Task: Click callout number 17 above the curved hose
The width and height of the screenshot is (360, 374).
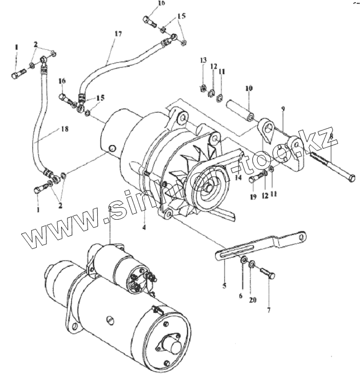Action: point(118,34)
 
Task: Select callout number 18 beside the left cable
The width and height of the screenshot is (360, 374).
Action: point(64,129)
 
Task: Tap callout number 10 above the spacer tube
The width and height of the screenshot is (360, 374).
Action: point(249,88)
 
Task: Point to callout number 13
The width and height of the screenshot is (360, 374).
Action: point(203,60)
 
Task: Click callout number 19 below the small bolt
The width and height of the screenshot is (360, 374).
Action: point(254,196)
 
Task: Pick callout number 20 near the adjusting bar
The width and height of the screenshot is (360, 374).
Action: point(253,300)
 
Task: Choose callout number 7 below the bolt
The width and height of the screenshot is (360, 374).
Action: point(269,310)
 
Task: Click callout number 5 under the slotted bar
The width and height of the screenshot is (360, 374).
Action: point(224,286)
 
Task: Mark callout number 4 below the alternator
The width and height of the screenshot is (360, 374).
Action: point(144,227)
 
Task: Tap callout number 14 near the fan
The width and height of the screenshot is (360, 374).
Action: point(238,178)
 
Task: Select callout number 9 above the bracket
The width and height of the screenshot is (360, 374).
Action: point(283,109)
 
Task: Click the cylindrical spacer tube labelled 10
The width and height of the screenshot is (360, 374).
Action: point(239,110)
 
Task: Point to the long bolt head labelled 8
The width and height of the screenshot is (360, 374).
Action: point(352,178)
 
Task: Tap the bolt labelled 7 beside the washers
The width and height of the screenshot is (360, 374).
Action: point(268,273)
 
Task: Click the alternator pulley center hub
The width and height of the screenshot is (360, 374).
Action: point(209,187)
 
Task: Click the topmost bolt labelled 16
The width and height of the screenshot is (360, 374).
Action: point(150,21)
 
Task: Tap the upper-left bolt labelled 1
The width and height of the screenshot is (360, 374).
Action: point(18,73)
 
